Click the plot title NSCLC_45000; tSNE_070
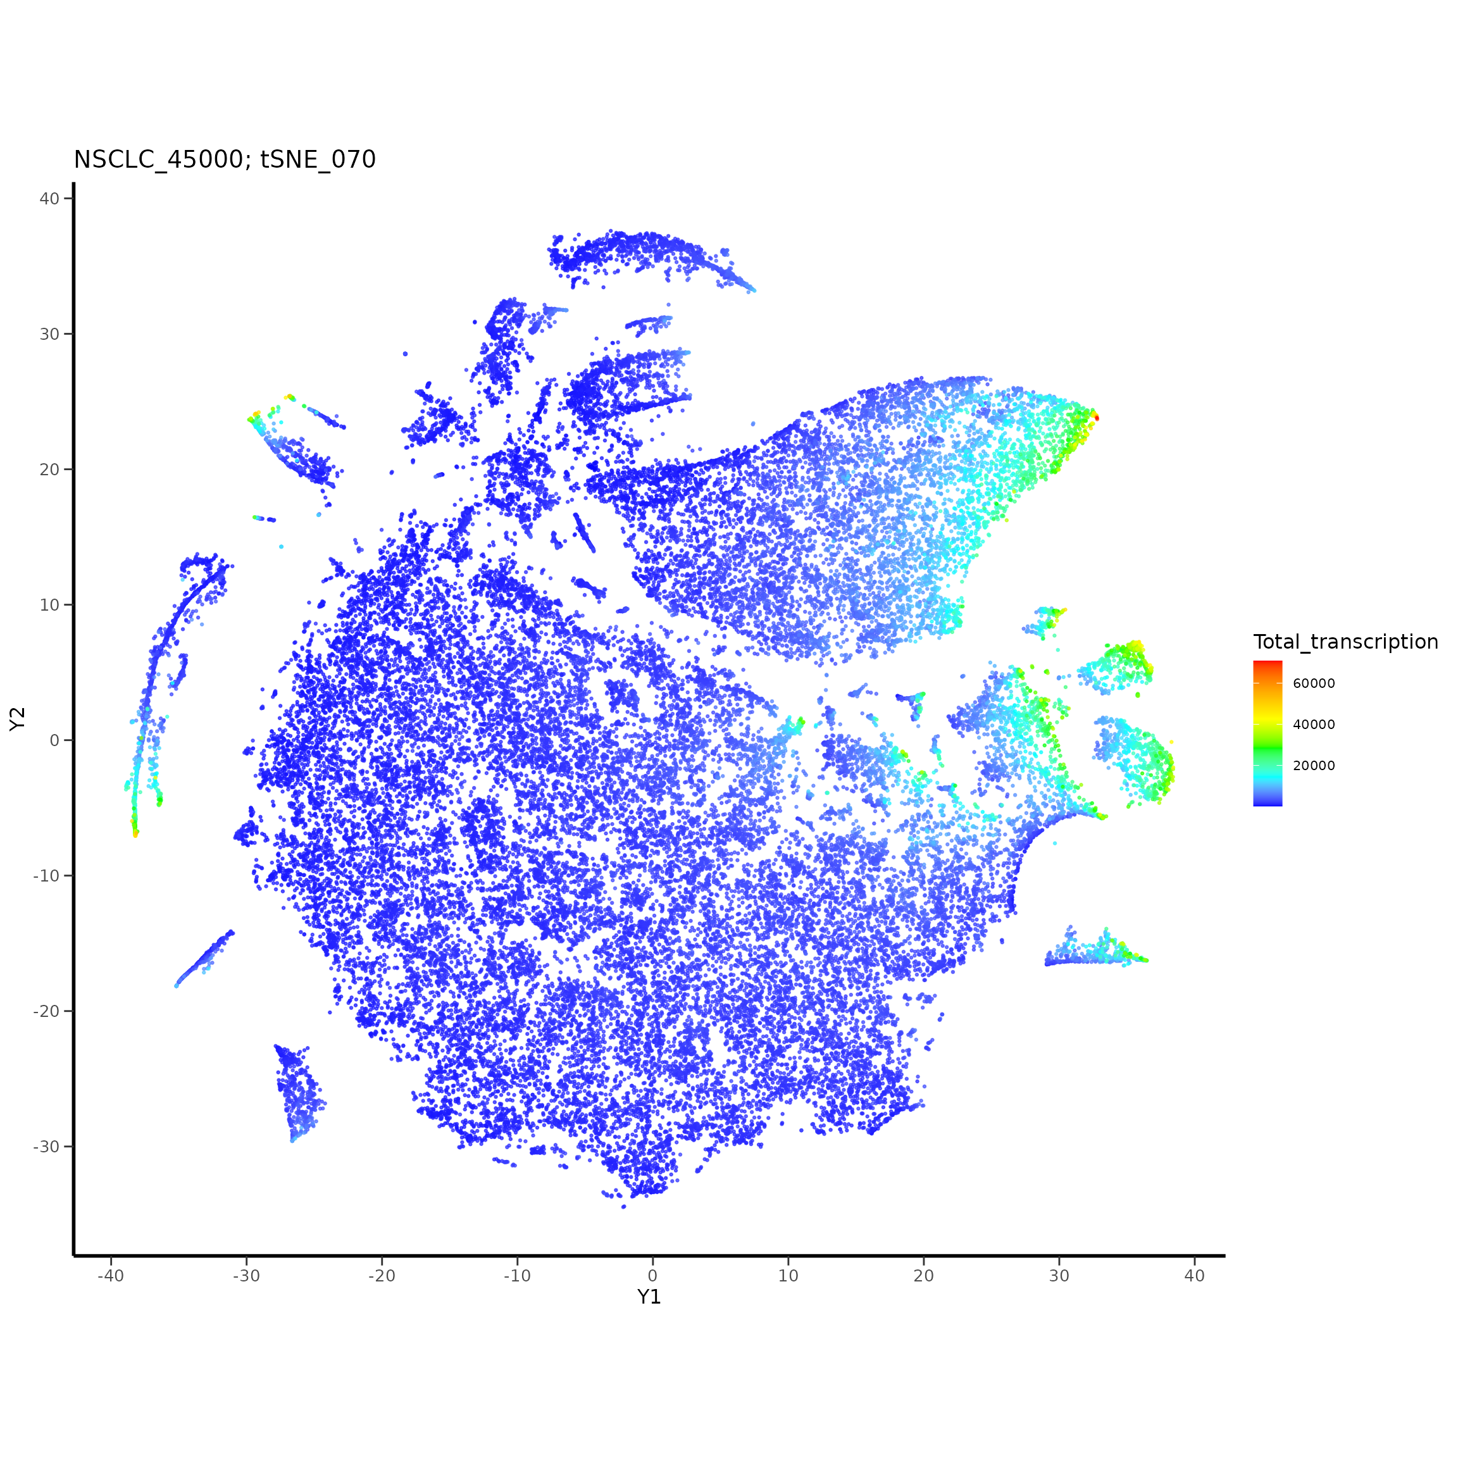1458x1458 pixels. coord(224,160)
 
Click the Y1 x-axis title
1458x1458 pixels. coord(649,1297)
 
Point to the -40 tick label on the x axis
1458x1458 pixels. coord(110,1276)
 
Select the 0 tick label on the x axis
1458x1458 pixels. coord(653,1276)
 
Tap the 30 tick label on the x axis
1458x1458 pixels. coord(1059,1276)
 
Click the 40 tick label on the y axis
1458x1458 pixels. coord(49,199)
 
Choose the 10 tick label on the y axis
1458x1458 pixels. coord(49,604)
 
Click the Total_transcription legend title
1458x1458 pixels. coord(1345,642)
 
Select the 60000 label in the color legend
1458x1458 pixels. coord(1314,683)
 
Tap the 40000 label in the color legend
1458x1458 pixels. coord(1314,725)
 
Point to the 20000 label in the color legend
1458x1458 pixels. coord(1314,766)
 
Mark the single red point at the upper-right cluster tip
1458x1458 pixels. coord(1097,417)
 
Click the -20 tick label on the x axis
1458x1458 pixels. coord(381,1276)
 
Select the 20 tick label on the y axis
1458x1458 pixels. coord(49,470)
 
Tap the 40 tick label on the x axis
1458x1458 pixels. coord(1195,1276)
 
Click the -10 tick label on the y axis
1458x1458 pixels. coord(46,875)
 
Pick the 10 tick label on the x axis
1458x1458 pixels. coord(788,1276)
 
